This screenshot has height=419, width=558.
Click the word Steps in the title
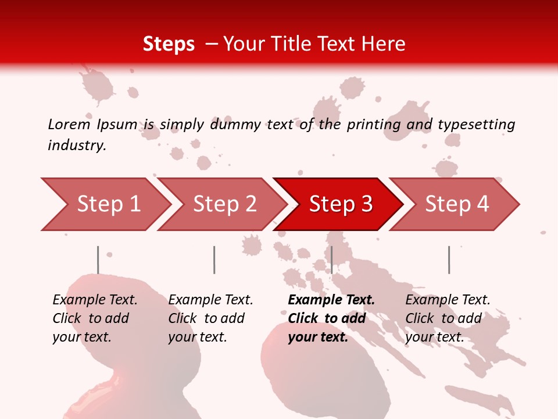(169, 44)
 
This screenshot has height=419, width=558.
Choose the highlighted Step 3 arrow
(341, 204)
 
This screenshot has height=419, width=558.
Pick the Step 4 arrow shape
(457, 204)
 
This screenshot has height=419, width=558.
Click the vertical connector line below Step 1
(98, 260)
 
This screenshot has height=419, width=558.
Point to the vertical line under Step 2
(214, 260)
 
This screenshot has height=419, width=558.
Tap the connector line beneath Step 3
(331, 260)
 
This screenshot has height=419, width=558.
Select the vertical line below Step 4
(449, 260)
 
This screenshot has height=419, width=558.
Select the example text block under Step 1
(95, 318)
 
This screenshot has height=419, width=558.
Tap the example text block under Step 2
(210, 318)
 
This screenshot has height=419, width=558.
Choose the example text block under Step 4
(448, 318)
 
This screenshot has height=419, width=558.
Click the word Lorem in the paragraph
(69, 124)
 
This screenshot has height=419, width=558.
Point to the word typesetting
(476, 125)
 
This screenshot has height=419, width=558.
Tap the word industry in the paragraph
(77, 145)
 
